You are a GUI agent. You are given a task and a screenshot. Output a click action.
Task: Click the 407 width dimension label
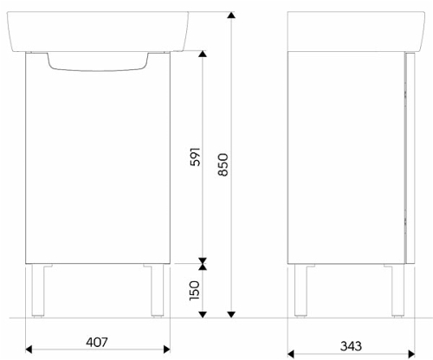[96, 342]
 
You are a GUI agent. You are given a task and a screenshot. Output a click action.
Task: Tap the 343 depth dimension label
[351, 346]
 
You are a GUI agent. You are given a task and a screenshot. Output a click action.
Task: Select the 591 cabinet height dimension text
[195, 157]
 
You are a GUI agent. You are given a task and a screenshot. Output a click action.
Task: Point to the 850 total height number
[223, 164]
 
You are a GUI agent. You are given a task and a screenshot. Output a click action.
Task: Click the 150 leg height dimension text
[194, 291]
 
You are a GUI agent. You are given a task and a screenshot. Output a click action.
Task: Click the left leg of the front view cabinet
[38, 291]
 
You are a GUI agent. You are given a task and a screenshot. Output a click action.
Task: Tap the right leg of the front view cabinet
[158, 291]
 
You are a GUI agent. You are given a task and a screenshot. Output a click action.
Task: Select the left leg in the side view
[301, 291]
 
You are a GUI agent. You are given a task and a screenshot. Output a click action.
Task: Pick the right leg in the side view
[397, 291]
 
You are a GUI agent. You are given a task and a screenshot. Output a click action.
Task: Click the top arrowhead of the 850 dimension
[231, 15]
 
